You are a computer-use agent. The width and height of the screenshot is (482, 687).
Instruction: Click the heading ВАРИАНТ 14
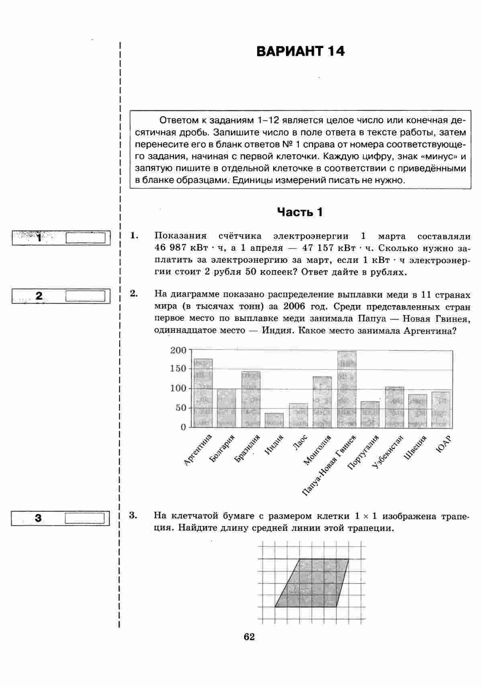tap(300, 51)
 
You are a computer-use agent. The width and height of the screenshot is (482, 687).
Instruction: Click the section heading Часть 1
tap(300, 212)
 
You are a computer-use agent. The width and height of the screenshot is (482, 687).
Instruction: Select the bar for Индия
tap(274, 420)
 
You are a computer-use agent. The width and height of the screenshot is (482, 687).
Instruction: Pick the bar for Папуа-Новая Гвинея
tap(347, 389)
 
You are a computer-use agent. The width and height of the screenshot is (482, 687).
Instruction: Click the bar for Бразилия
tap(251, 399)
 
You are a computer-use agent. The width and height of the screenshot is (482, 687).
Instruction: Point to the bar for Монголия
tap(323, 402)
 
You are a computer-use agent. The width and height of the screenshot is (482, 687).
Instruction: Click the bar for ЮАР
tap(441, 409)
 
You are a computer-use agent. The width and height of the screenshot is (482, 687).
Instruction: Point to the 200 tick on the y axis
tap(178, 350)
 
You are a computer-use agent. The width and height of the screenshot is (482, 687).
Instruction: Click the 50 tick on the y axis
tap(181, 408)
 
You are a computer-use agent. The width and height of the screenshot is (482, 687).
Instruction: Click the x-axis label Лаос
tap(301, 443)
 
